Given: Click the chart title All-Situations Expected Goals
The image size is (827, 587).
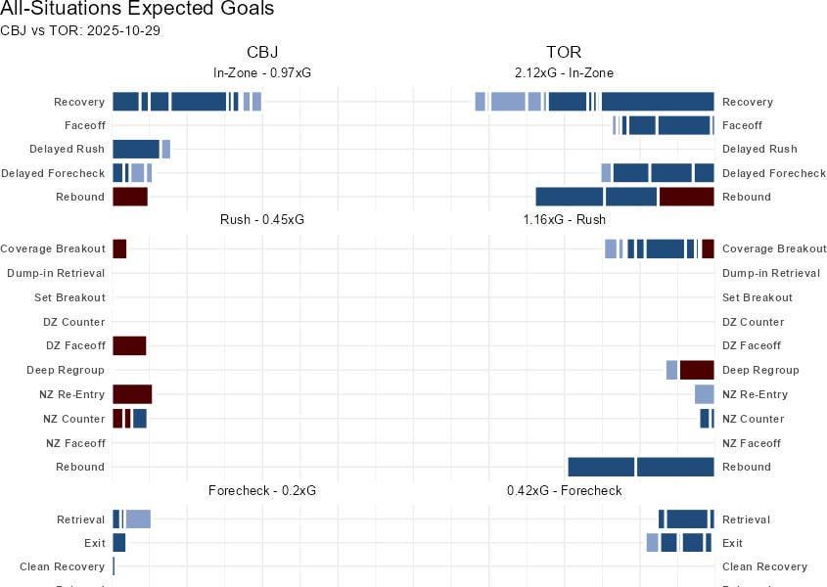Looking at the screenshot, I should (137, 9).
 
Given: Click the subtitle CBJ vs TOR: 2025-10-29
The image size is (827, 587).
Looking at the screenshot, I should (80, 30).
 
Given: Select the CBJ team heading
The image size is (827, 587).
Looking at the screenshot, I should (262, 52).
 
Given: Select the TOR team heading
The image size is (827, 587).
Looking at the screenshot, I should (564, 52).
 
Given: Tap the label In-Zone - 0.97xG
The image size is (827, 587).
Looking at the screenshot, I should (262, 72).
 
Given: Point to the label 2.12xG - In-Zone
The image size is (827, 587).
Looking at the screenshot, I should (564, 72).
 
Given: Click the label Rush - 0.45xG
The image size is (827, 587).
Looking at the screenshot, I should (262, 220).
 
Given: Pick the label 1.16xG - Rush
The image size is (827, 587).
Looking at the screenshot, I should (564, 220).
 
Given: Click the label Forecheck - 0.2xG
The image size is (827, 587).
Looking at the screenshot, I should (262, 490).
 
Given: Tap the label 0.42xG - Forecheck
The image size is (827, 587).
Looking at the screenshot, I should (564, 490).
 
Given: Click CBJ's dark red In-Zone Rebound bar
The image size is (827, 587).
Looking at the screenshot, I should (130, 197).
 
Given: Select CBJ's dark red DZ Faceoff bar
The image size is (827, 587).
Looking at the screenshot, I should (129, 345).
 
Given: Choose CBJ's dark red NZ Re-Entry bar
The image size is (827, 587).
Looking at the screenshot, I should (132, 394).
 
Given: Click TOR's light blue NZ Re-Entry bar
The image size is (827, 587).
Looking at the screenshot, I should (704, 394).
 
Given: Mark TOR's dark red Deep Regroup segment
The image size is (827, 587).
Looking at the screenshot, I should (696, 370).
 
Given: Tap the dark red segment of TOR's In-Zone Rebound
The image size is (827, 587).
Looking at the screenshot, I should (686, 197).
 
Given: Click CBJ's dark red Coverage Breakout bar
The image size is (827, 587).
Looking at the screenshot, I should (119, 249).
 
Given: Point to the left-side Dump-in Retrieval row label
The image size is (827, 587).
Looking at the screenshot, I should (56, 273).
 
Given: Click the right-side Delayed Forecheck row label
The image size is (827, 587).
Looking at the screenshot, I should (773, 173).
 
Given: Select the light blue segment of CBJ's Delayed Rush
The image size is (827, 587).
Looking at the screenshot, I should (166, 149).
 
